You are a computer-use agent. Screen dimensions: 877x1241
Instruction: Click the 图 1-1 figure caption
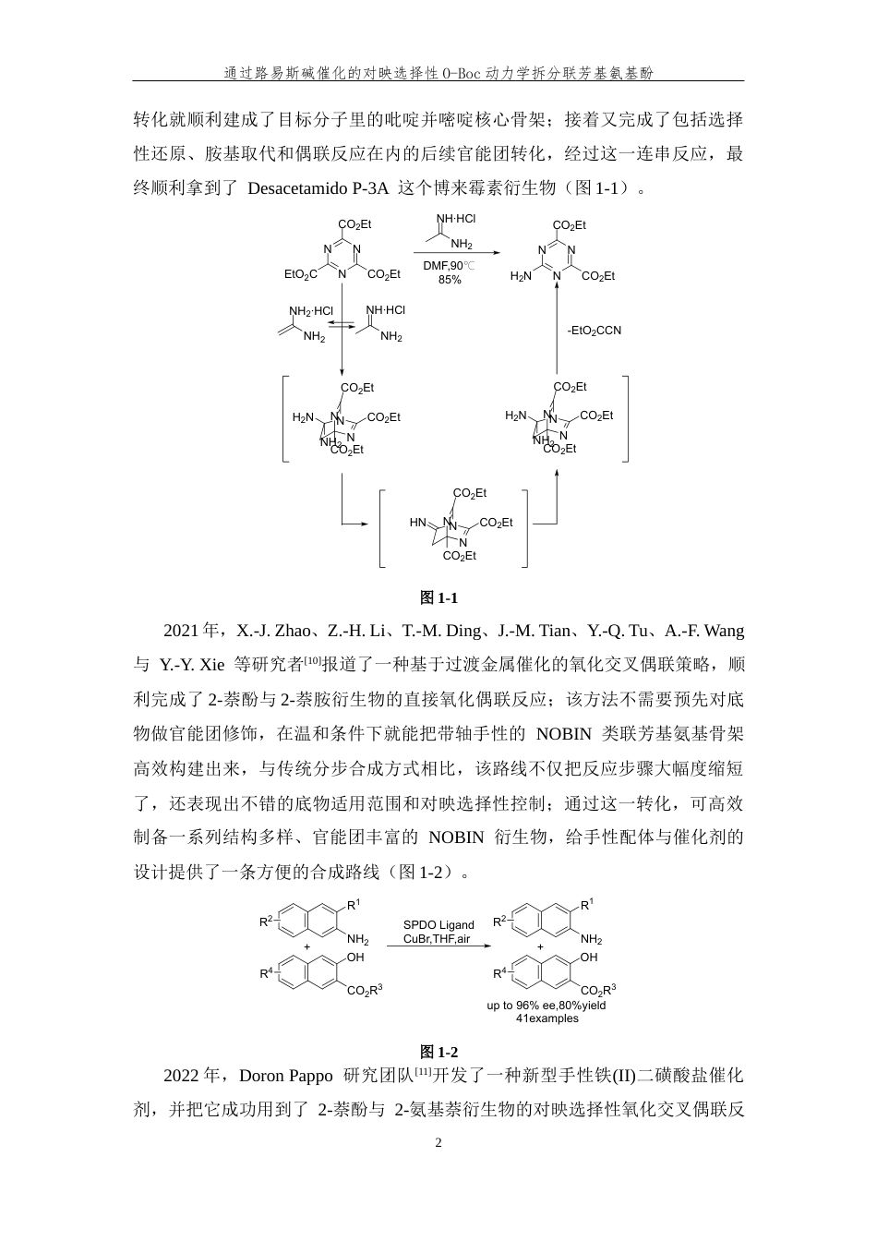[438, 597]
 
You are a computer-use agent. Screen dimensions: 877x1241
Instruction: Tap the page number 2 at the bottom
[438, 1142]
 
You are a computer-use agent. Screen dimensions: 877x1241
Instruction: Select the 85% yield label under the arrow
[450, 280]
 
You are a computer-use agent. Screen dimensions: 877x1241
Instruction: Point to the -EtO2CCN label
[594, 331]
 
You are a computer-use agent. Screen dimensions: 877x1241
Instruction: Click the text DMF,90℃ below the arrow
[449, 266]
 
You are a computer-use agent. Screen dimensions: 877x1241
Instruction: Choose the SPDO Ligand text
[438, 925]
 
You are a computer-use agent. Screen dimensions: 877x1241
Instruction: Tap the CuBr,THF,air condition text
[437, 938]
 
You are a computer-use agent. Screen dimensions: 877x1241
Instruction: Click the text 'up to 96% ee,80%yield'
[547, 1006]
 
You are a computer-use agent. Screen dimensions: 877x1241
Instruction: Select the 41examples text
[547, 1018]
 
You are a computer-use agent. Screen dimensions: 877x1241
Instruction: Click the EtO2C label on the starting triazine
[301, 274]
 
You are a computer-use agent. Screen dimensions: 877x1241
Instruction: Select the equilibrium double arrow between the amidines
[342, 325]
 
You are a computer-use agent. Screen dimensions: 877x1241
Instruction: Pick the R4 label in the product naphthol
[499, 973]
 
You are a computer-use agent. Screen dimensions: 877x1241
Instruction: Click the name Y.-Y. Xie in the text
[192, 665]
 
